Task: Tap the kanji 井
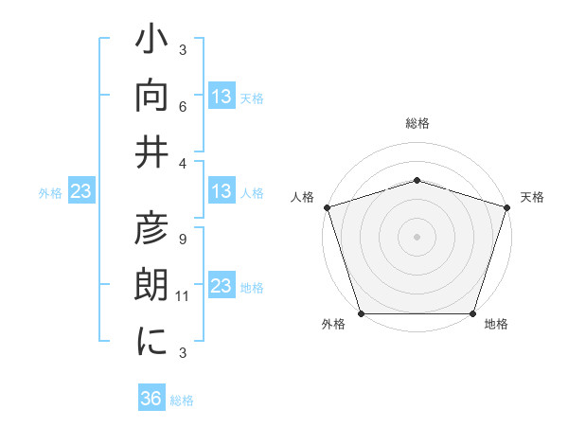click(x=152, y=151)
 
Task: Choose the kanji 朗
click(x=152, y=287)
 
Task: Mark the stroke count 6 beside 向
click(x=183, y=106)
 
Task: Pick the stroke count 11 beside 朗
click(x=183, y=296)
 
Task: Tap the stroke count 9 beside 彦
click(x=183, y=239)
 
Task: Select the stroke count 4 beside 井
click(x=183, y=163)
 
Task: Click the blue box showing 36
click(x=151, y=400)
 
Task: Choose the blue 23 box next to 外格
click(x=80, y=192)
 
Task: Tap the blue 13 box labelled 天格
click(x=222, y=97)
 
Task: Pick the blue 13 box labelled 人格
click(x=222, y=192)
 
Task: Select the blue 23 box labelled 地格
click(x=222, y=287)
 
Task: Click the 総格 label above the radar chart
click(x=417, y=123)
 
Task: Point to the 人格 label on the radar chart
click(x=303, y=197)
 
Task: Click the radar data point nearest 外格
click(x=361, y=313)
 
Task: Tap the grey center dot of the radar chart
click(x=417, y=236)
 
